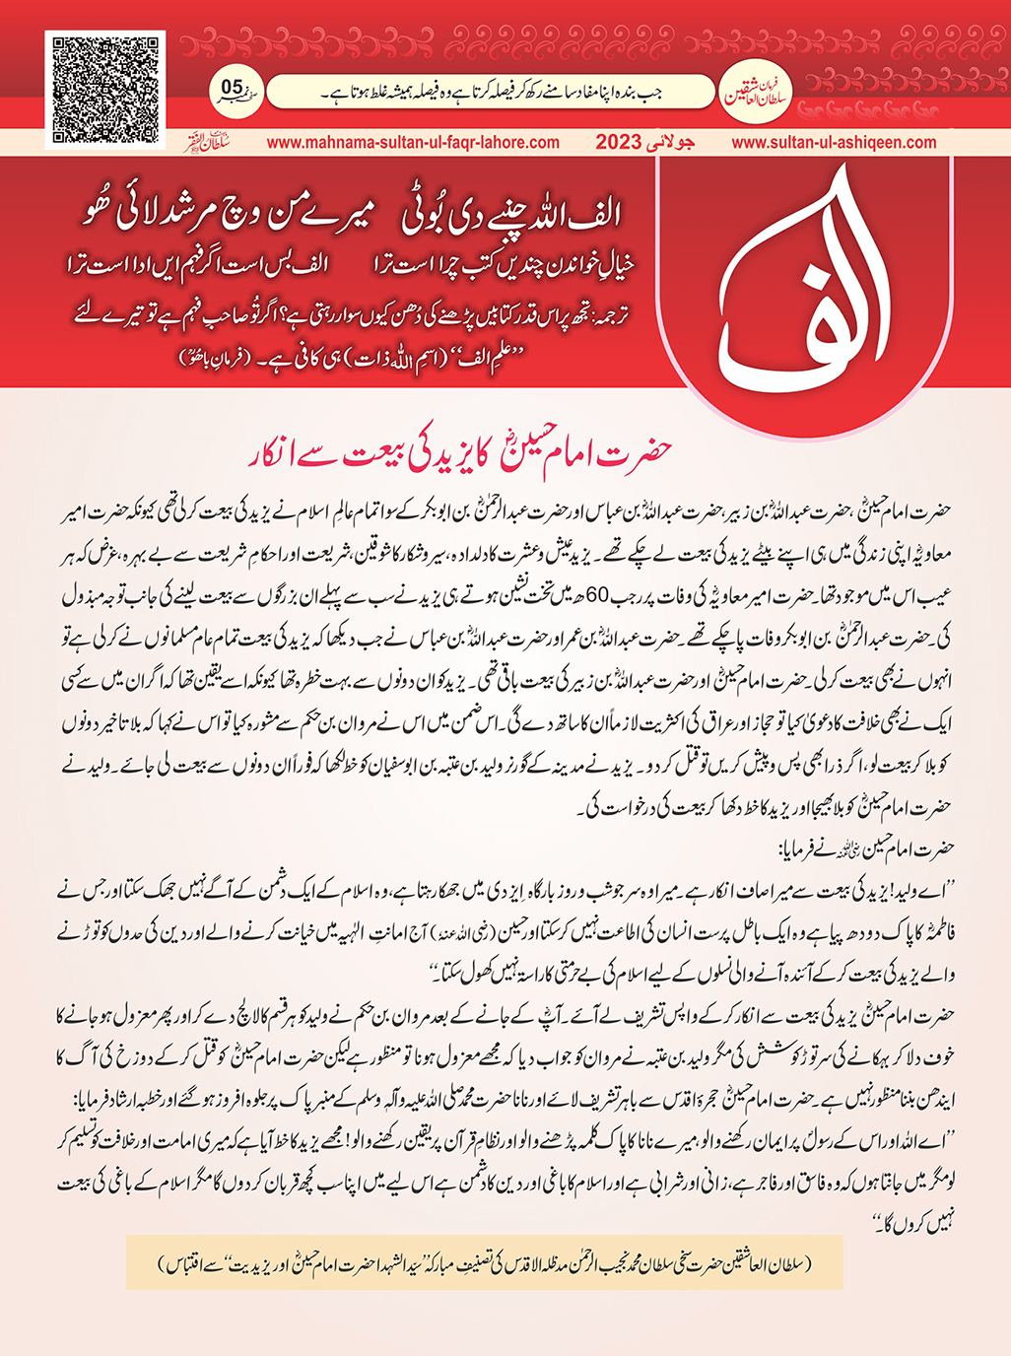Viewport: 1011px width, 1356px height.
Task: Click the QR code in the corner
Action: [105, 90]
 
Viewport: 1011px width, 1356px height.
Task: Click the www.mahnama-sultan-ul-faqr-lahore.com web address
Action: [413, 142]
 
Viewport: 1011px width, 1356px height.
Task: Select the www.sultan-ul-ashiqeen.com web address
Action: [834, 142]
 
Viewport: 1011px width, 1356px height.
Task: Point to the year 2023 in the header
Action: [620, 142]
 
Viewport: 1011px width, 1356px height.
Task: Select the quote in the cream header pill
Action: [491, 93]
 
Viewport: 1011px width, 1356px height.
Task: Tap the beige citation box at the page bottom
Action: [485, 1262]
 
